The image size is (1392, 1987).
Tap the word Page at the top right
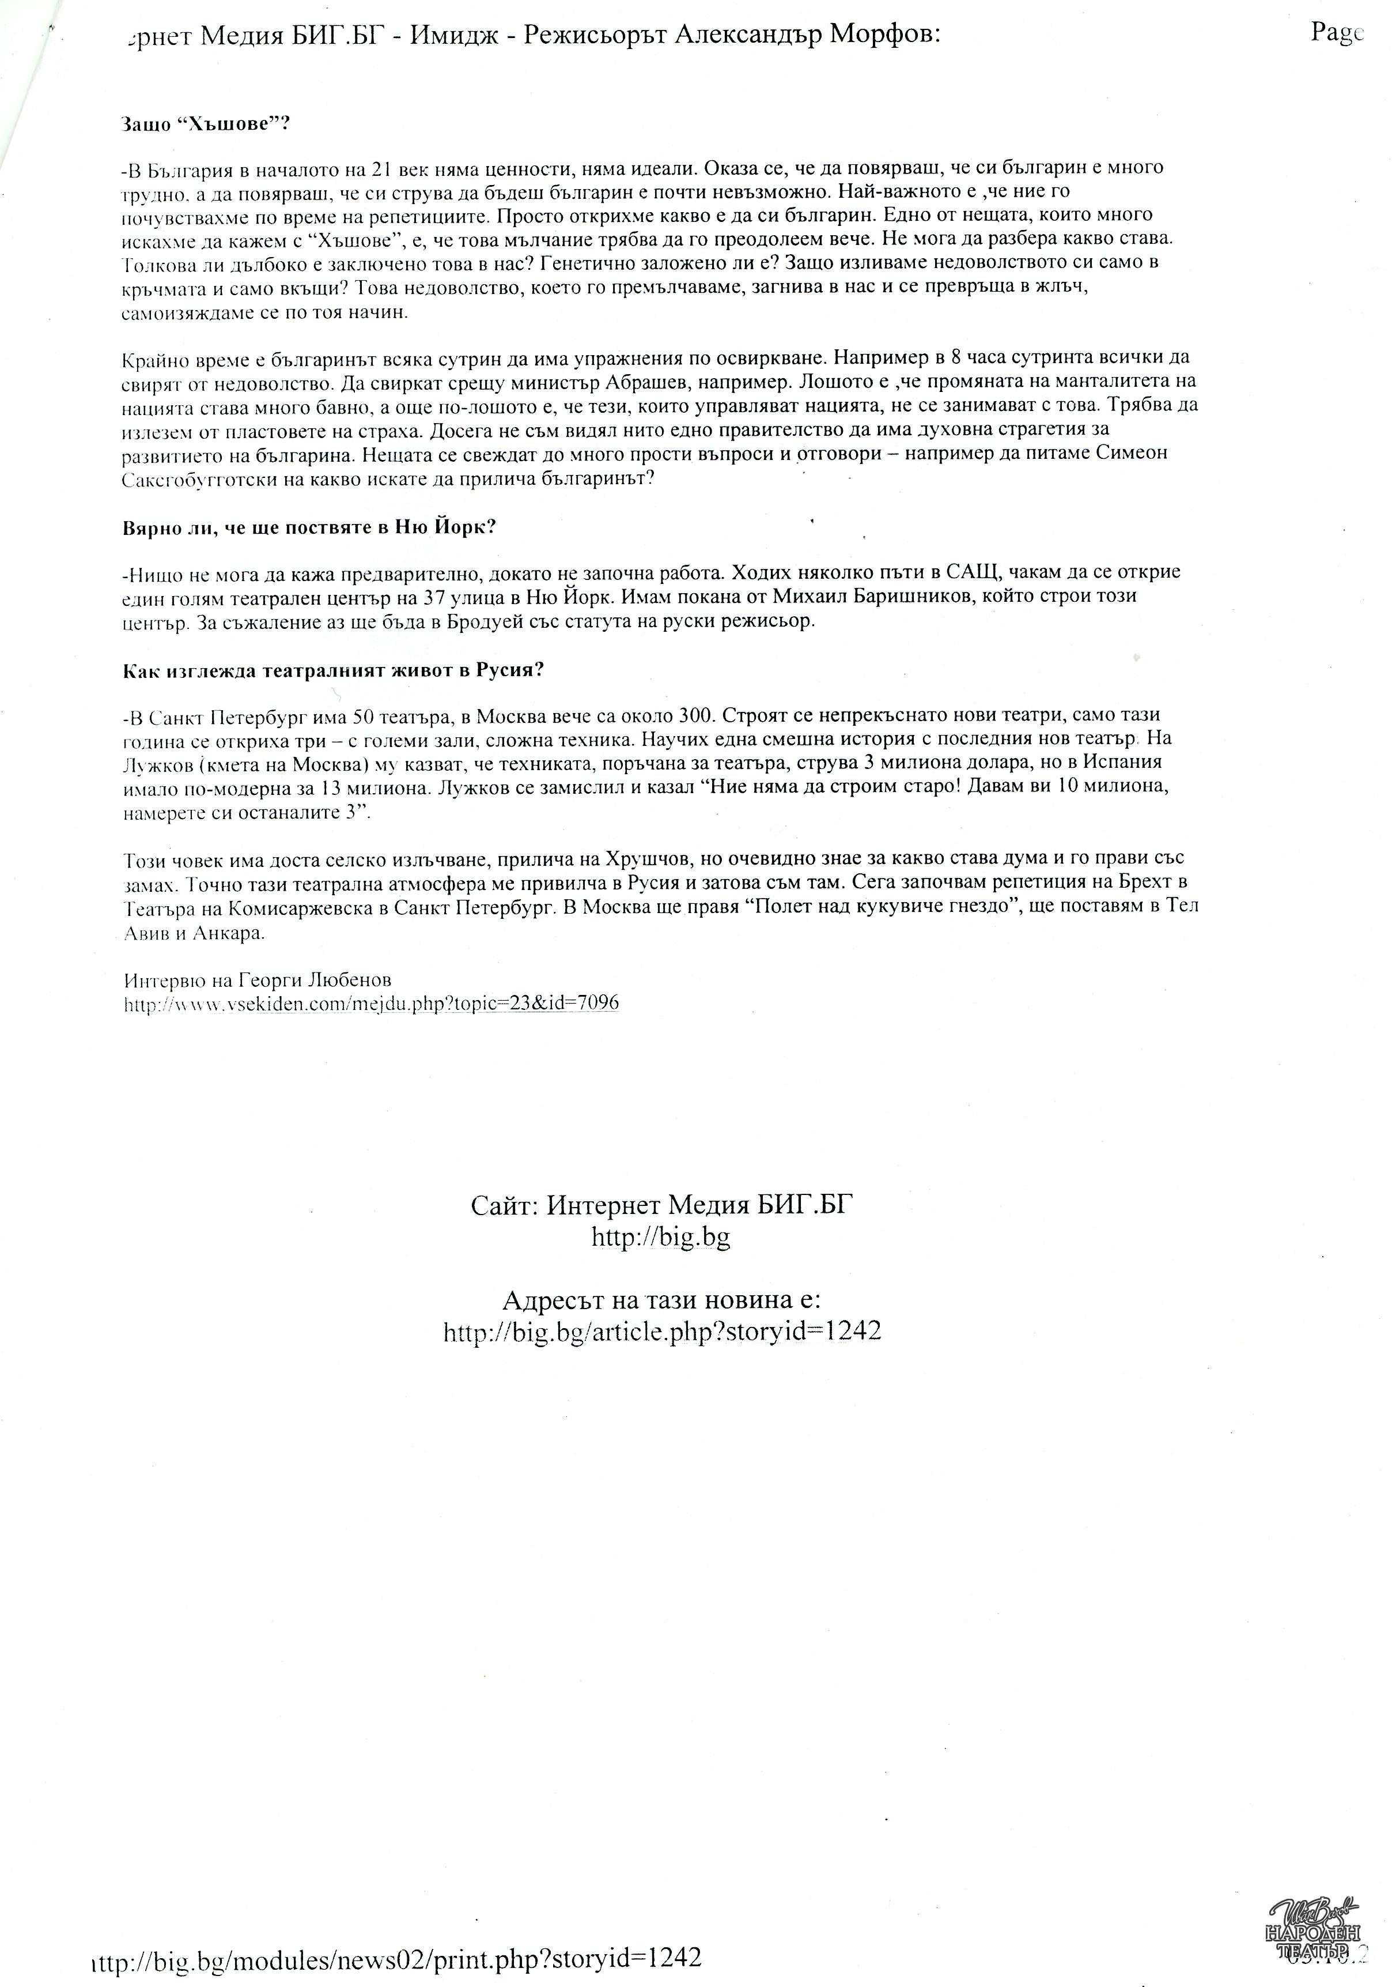[1337, 33]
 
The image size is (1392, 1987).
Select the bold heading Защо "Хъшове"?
[205, 124]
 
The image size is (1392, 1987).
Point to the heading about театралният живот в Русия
[333, 671]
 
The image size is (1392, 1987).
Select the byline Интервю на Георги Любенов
[258, 981]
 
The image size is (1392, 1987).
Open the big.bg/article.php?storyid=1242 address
[662, 1331]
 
